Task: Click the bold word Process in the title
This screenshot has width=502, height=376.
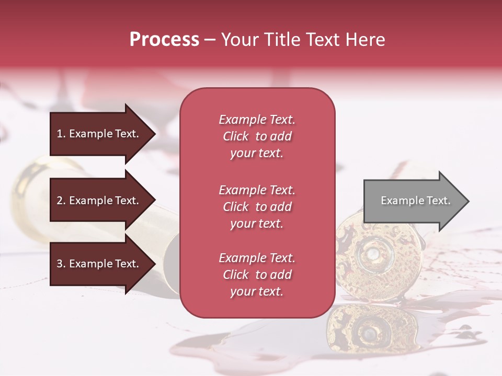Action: point(164,40)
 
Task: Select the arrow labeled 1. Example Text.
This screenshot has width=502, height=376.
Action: point(99,134)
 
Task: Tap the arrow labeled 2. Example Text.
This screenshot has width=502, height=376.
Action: point(99,201)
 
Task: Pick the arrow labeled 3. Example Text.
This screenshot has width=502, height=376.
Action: point(99,264)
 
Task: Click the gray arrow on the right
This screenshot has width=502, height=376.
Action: point(413,201)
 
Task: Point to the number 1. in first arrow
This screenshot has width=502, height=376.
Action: point(61,134)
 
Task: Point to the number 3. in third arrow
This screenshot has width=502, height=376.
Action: point(61,264)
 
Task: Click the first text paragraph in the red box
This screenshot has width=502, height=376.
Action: point(257,136)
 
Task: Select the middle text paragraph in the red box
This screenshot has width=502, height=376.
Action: point(257,207)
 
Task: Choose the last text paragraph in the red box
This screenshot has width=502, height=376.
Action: point(257,275)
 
